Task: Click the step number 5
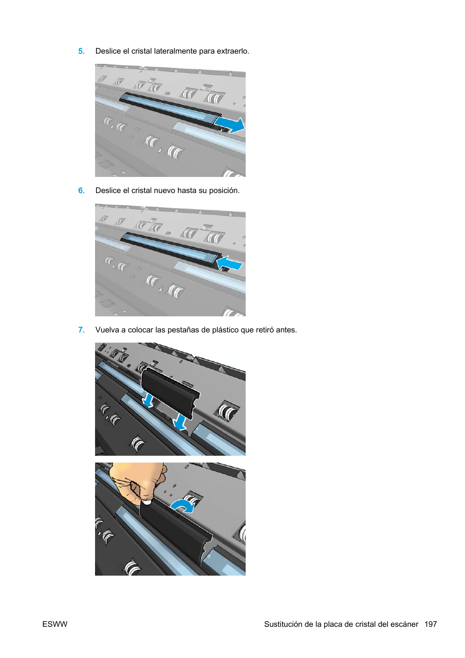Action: pyautogui.click(x=81, y=51)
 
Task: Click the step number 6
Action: pyautogui.click(x=81, y=191)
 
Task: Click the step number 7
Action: pyautogui.click(x=81, y=330)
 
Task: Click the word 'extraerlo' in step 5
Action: pyautogui.click(x=232, y=51)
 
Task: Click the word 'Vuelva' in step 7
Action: pyautogui.click(x=107, y=330)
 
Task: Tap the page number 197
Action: pyautogui.click(x=430, y=624)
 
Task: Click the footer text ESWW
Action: pyautogui.click(x=55, y=624)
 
